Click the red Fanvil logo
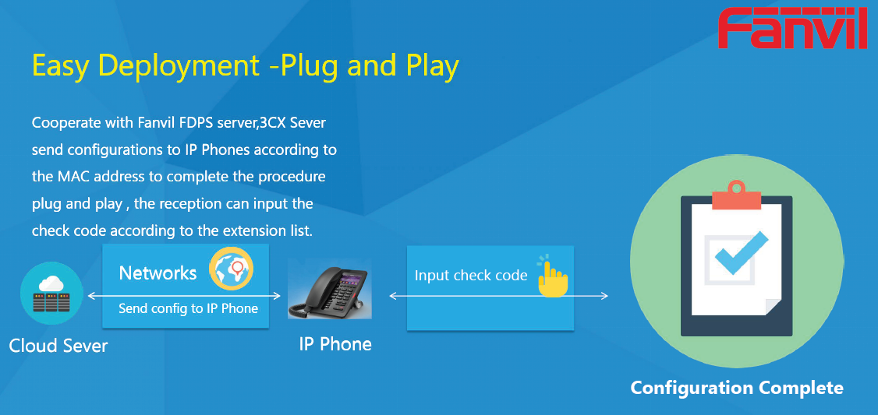click(793, 28)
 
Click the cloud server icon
click(51, 294)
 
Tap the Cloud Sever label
click(58, 345)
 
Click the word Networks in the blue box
click(158, 273)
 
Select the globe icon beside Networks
click(232, 269)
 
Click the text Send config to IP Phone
click(188, 308)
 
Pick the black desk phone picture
click(329, 290)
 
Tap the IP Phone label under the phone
click(335, 343)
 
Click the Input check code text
click(471, 276)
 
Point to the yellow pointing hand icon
click(552, 276)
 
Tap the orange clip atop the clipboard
click(736, 195)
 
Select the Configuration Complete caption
click(737, 388)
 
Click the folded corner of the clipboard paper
click(774, 307)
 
